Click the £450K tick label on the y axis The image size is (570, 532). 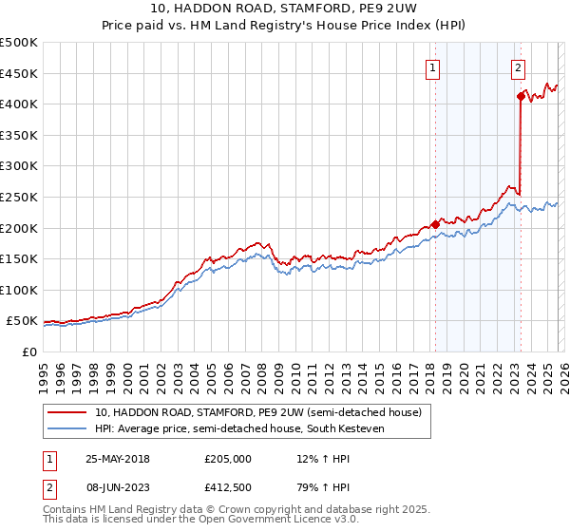tap(19, 74)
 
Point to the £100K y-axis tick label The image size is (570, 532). tap(19, 291)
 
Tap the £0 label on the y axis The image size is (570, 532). tap(29, 352)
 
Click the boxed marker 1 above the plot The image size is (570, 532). tap(433, 67)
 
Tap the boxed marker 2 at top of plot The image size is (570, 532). tap(519, 67)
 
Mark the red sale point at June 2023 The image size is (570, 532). tap(521, 96)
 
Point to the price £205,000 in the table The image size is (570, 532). tap(228, 459)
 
